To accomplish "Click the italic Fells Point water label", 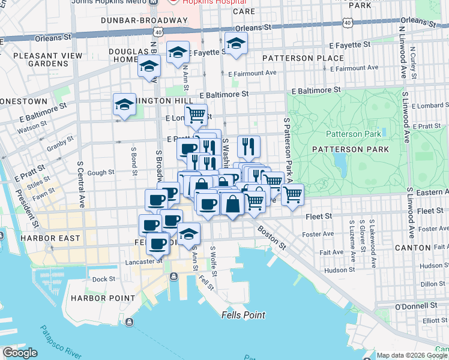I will click(x=243, y=315).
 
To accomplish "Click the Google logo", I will click(x=20, y=353).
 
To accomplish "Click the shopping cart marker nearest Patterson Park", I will click(x=292, y=194).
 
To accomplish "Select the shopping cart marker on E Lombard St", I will click(x=196, y=114).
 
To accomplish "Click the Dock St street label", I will click(x=104, y=279).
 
